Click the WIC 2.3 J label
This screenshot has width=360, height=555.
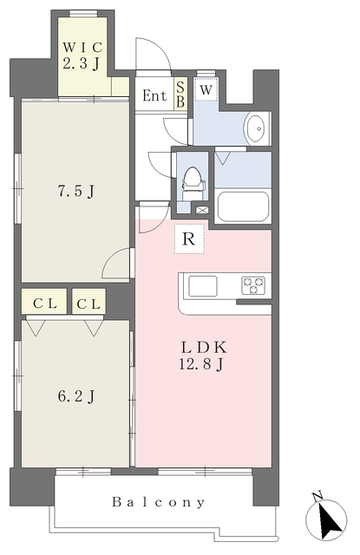click(82, 54)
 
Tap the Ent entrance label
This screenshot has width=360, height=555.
click(155, 95)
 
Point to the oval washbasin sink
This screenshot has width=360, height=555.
click(258, 129)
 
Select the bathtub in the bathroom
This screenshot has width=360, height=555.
click(243, 206)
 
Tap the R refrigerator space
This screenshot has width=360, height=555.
click(189, 239)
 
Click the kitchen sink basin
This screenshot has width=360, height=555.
click(202, 285)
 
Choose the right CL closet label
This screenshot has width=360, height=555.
click(88, 304)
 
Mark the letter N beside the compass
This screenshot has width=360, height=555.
click(317, 496)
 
